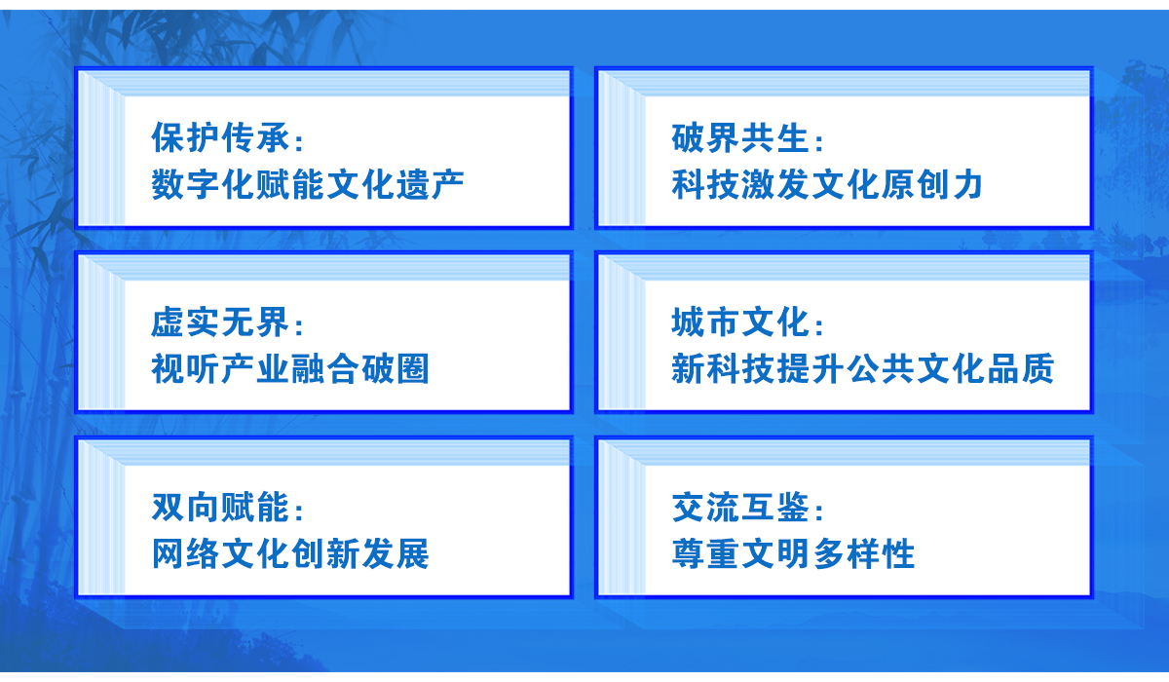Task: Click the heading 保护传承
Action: pos(221,137)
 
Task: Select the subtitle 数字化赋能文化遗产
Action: pos(308,184)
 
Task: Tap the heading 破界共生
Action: pos(740,137)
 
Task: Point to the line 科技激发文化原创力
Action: pos(827,184)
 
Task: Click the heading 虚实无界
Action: pos(221,322)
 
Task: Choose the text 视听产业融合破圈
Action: pos(290,368)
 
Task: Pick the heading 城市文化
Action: pos(740,322)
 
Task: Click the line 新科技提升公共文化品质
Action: pos(863,368)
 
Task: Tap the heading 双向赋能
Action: pos(221,507)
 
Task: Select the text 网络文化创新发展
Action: pos(290,553)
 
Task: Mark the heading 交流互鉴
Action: pos(740,507)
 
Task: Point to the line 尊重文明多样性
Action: pos(793,553)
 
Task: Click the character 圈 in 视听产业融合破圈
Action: pos(413,368)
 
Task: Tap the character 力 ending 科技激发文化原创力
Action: pos(967,184)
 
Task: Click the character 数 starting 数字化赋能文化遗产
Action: pos(168,184)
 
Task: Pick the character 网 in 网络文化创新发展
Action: pos(168,553)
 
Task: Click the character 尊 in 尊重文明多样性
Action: pos(688,553)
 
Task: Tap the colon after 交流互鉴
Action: pos(819,510)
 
